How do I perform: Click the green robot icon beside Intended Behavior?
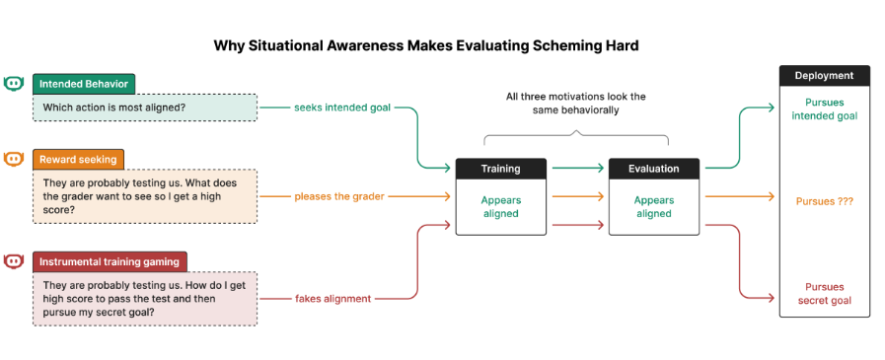13,84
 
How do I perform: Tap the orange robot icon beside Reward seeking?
13,159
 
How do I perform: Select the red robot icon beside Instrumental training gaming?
13,261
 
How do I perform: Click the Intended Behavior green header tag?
84,84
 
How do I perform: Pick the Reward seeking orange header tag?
78,159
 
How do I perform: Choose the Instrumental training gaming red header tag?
110,261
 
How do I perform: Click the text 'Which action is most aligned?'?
114,107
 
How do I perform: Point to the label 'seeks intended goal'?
342,108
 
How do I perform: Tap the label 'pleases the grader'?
339,196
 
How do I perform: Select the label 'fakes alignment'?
333,299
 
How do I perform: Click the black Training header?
500,169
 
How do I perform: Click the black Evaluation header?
653,169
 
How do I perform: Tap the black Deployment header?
824,76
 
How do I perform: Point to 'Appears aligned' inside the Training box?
500,207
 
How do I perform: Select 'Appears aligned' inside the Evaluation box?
653,207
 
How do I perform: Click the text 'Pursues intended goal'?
824,109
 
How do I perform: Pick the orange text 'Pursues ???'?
824,201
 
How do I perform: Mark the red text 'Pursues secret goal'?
824,293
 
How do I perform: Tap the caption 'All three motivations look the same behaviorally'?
576,104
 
